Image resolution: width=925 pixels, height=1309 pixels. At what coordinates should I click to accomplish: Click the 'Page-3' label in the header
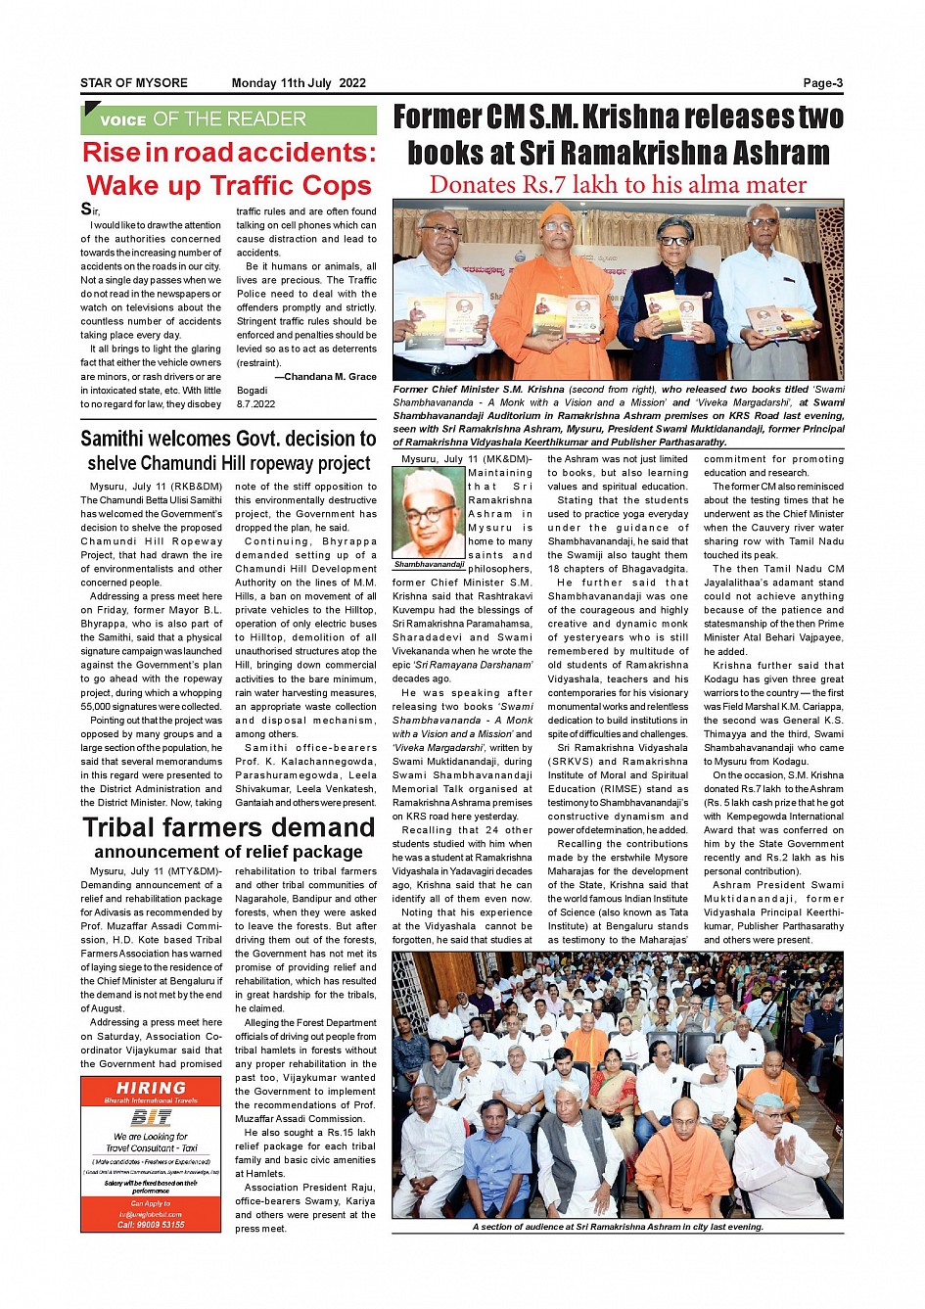point(822,83)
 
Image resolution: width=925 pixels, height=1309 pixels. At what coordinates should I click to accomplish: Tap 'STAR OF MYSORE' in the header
point(134,83)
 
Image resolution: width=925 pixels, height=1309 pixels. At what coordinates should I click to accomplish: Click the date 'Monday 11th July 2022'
point(299,83)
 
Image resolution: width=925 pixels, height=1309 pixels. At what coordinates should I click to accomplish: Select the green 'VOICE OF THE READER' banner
point(228,119)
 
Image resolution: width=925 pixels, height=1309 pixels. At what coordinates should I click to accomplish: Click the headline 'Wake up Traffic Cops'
point(228,185)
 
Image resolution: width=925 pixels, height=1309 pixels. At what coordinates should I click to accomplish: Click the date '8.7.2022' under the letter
point(256,403)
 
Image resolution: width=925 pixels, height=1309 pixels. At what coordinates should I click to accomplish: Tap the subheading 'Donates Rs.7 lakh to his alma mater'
point(618,184)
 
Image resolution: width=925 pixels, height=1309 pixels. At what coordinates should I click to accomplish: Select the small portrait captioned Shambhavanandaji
point(429,513)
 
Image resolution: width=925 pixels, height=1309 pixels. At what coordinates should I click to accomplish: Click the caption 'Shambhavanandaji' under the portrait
point(429,565)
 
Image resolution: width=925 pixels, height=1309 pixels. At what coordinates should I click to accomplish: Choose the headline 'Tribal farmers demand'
point(228,827)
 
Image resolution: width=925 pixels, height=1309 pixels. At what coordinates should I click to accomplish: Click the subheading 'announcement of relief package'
point(228,852)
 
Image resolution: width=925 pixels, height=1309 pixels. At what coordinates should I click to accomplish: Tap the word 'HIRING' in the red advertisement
point(151,1088)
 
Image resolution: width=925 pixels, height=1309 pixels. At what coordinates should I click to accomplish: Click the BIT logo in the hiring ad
point(151,1117)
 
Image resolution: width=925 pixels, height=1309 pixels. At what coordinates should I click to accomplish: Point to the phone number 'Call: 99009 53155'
point(151,1225)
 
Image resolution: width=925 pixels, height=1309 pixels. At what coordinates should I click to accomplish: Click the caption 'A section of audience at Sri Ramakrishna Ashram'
point(618,1227)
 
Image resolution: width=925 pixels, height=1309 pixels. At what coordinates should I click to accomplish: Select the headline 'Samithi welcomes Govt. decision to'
point(228,439)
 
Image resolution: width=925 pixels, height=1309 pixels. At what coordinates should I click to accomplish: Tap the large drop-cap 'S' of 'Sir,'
point(86,209)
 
